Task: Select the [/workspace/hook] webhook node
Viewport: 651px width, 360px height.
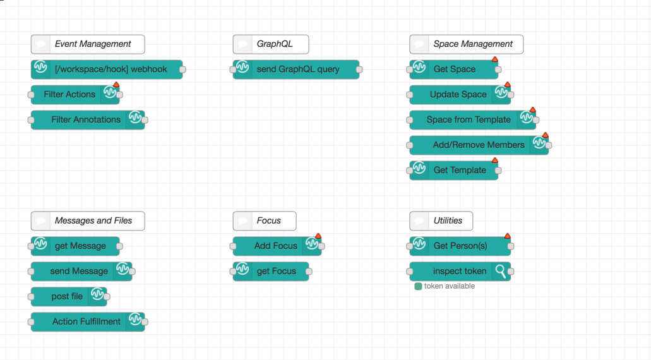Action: pyautogui.click(x=110, y=69)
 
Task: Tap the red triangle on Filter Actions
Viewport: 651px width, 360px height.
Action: pyautogui.click(x=116, y=85)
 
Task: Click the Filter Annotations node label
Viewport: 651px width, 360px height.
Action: pyautogui.click(x=86, y=119)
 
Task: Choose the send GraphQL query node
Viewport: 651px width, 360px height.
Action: pyautogui.click(x=297, y=69)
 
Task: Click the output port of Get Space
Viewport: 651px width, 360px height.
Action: pyautogui.click(x=498, y=69)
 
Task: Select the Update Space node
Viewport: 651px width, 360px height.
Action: pyautogui.click(x=458, y=95)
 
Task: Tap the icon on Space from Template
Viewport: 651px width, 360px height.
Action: pyautogui.click(x=527, y=118)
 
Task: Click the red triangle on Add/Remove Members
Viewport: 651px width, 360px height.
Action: pyautogui.click(x=546, y=135)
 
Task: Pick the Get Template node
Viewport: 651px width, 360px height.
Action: pyautogui.click(x=459, y=171)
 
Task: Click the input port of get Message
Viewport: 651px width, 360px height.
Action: pyautogui.click(x=32, y=246)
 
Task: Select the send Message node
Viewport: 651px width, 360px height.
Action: pyautogui.click(x=79, y=272)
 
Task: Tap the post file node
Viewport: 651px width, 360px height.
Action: pyautogui.click(x=67, y=297)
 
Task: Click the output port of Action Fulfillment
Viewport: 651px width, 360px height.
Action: pyautogui.click(x=145, y=322)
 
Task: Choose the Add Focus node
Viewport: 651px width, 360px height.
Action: pyautogui.click(x=276, y=246)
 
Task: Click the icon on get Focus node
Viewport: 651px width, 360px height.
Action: pyautogui.click(x=243, y=270)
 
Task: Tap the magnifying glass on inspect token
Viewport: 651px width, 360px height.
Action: pyautogui.click(x=501, y=271)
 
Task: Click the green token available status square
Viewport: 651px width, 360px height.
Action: pyautogui.click(x=418, y=286)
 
